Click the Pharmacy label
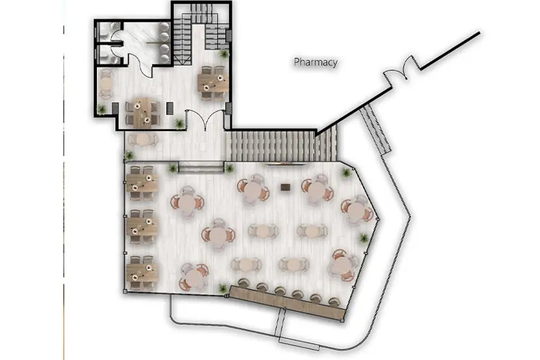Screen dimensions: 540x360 point(315,62)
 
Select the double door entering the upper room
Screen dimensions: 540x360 point(206,119)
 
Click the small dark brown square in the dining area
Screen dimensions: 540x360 point(285,187)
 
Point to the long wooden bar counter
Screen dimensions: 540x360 point(287,302)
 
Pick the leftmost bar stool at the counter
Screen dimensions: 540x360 point(244,283)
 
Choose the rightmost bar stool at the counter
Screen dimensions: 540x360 point(333,302)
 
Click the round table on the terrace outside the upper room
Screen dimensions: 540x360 point(143,140)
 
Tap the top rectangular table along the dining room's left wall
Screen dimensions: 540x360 point(142,183)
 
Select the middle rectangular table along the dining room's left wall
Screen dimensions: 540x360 point(142,226)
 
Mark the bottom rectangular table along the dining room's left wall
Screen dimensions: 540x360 point(142,272)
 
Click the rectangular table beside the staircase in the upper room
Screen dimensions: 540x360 point(213,83)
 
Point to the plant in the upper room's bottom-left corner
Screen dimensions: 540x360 point(101,109)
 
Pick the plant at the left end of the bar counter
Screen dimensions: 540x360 point(223,287)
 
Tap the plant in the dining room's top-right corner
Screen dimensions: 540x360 point(346,172)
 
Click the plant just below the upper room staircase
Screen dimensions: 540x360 point(225,54)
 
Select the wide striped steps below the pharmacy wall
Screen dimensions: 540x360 point(281,147)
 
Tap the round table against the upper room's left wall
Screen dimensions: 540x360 point(106,84)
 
